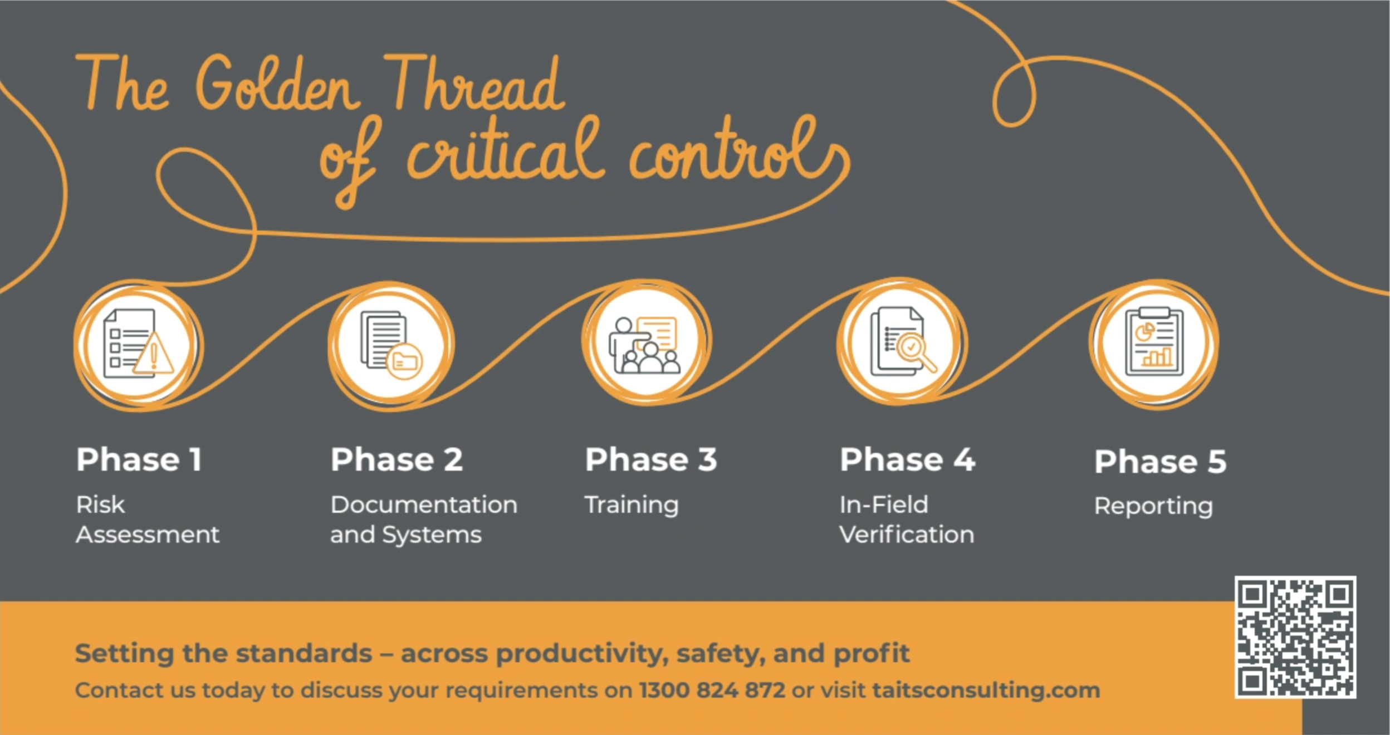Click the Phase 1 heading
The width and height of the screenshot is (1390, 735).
coord(139,460)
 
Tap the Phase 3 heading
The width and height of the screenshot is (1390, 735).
coord(651,460)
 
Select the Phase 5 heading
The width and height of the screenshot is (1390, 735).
coord(1160,462)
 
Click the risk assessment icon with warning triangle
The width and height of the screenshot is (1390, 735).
coord(139,345)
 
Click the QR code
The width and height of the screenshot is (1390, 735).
coord(1295,637)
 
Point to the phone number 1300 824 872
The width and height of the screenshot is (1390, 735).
coord(712,690)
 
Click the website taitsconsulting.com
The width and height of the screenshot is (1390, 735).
coord(986,690)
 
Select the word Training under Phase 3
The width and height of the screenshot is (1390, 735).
coord(632,506)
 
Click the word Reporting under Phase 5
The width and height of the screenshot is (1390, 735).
coord(1153,507)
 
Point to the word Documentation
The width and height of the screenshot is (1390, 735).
coord(424,505)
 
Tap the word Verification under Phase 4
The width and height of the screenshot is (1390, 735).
coord(907,535)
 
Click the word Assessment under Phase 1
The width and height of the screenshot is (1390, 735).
coord(148,535)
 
